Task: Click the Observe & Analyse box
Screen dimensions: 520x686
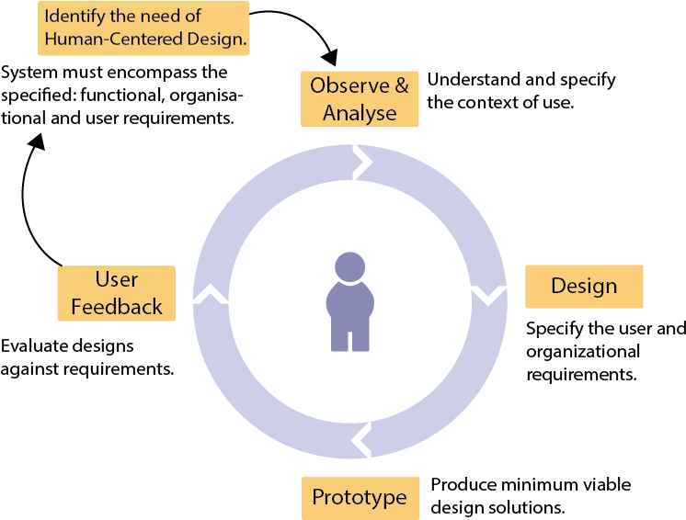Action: (x=360, y=99)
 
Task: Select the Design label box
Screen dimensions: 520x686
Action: (x=584, y=287)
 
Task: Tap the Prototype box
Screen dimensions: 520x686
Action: (x=360, y=498)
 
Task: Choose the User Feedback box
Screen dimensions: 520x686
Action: (x=117, y=293)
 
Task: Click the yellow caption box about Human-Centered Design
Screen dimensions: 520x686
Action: (x=143, y=28)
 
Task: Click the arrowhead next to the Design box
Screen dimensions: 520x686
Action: (x=488, y=295)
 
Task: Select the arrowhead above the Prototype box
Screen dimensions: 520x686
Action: (x=361, y=439)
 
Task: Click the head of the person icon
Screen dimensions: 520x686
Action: (x=349, y=267)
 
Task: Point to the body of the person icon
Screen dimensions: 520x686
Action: (x=349, y=316)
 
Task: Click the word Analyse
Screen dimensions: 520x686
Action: (x=360, y=113)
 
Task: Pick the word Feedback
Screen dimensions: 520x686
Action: (x=117, y=307)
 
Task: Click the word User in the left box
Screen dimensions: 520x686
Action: (x=117, y=279)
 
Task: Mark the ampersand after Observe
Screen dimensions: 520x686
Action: (x=402, y=86)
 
